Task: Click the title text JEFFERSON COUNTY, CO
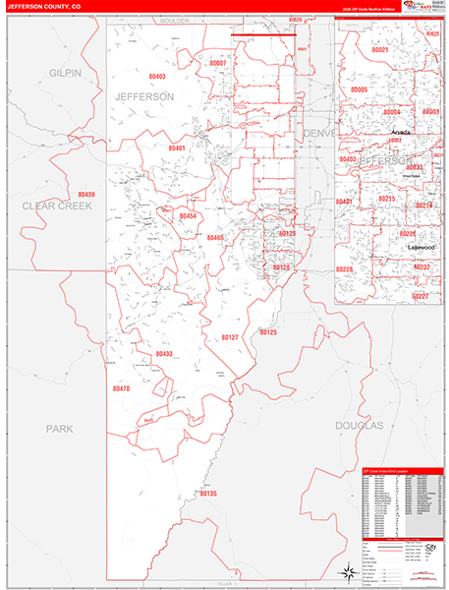click(x=48, y=7)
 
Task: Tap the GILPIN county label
click(x=65, y=74)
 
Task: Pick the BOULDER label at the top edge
click(x=176, y=20)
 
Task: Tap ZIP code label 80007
click(x=218, y=63)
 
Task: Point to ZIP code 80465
click(x=215, y=237)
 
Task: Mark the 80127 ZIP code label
click(x=229, y=336)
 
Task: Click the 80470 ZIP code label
click(x=121, y=389)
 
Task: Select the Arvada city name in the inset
click(x=401, y=130)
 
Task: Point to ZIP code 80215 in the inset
click(x=386, y=199)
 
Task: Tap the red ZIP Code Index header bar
click(x=396, y=472)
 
